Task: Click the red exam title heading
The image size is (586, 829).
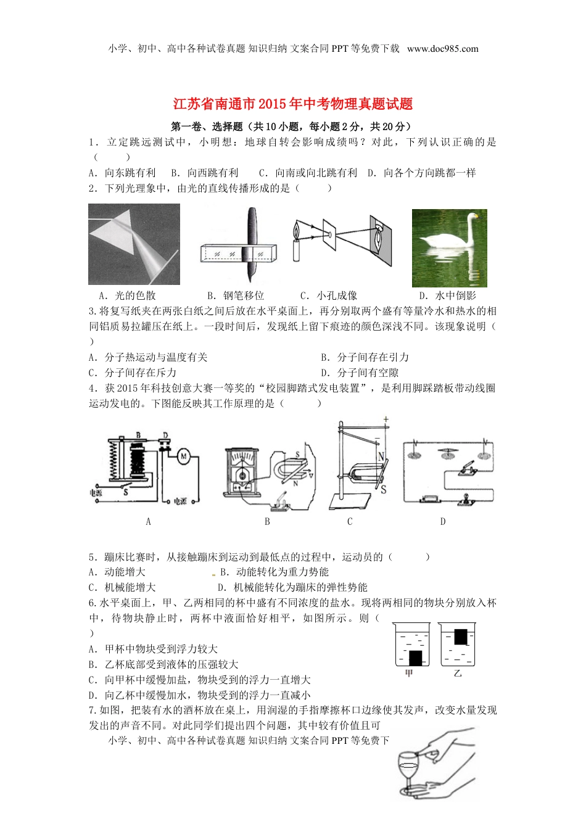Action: tap(292, 104)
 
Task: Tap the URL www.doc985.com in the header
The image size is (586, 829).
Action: tap(442, 49)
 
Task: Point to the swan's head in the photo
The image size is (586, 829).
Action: tap(474, 217)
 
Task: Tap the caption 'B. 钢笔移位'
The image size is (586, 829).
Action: tap(235, 295)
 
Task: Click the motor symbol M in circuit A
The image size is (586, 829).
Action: tap(183, 456)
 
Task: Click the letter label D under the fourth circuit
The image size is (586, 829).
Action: tap(442, 522)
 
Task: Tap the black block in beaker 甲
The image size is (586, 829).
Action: tap(415, 658)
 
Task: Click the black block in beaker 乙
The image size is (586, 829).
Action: tap(460, 637)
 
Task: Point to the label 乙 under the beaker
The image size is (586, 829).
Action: tap(457, 674)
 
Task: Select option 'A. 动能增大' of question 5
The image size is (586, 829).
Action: tap(117, 572)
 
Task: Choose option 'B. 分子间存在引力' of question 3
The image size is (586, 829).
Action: tap(365, 357)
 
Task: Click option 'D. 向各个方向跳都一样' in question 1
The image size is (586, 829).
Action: tap(422, 173)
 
